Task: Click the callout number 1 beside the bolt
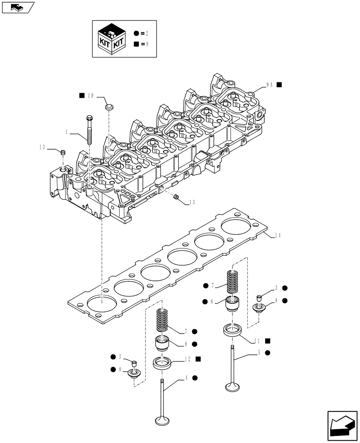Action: [67, 132]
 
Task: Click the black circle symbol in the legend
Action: [136, 33]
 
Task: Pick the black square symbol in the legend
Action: [136, 44]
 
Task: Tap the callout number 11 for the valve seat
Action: [257, 341]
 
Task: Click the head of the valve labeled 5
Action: [233, 387]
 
